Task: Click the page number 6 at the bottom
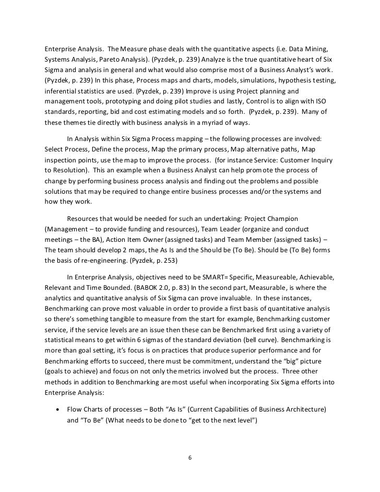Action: coord(190,458)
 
